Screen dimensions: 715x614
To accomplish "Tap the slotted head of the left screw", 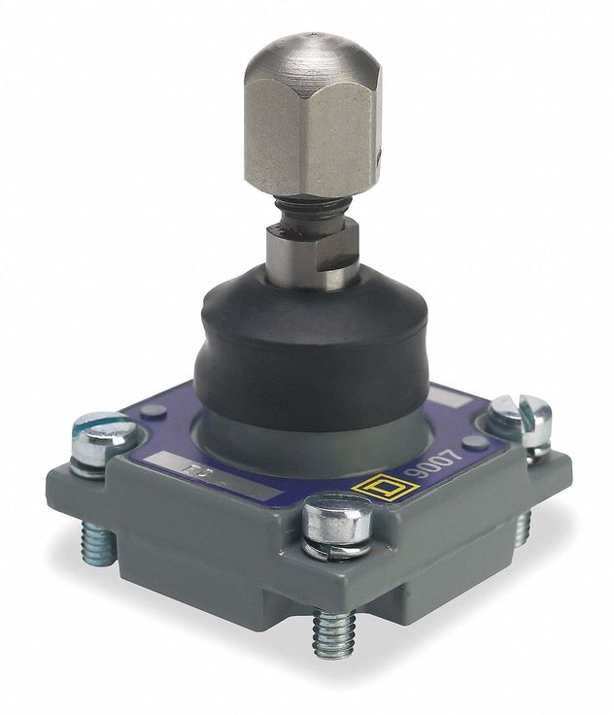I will point(99,428).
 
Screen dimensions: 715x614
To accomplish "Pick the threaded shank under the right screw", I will point(525,525).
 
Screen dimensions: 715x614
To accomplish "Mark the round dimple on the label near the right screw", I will point(474,442).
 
